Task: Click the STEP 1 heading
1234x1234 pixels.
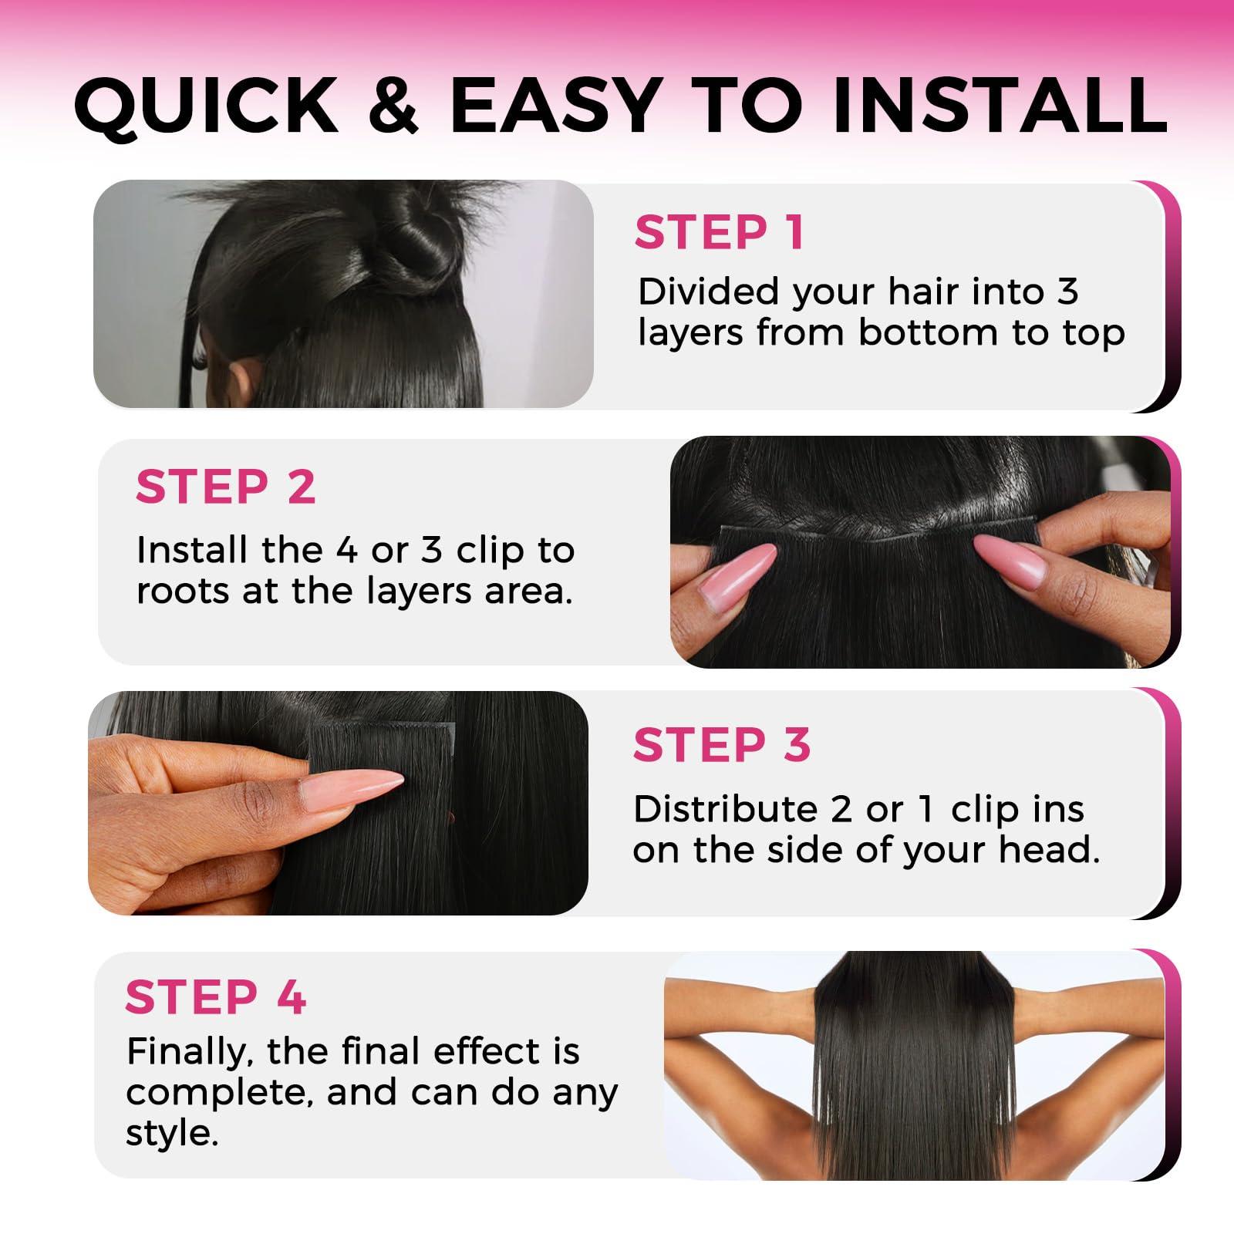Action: point(720,232)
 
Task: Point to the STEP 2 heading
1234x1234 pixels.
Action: point(225,487)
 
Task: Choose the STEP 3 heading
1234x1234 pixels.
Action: point(721,745)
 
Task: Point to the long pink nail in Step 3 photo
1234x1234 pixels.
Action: point(351,791)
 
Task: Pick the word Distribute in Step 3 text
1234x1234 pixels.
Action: point(725,809)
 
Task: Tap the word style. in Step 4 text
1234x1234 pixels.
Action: point(172,1134)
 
